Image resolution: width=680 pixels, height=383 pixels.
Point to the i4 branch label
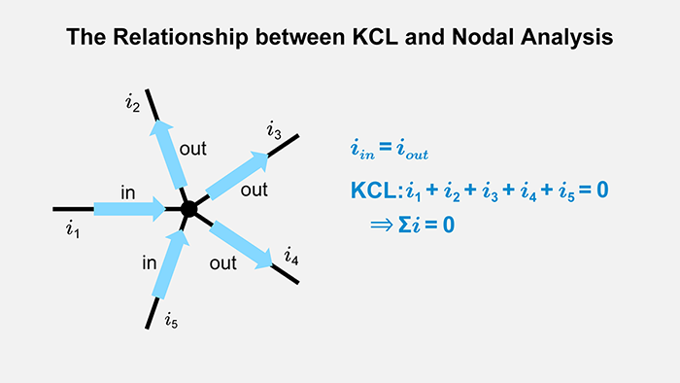(291, 257)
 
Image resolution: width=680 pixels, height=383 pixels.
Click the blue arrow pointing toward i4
(242, 244)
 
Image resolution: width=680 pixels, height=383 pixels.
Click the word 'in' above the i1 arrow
(127, 192)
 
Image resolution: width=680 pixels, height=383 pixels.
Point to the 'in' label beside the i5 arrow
(150, 262)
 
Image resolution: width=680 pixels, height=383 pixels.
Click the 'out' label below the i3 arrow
(254, 191)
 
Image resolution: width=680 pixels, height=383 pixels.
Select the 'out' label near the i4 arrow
(223, 262)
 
